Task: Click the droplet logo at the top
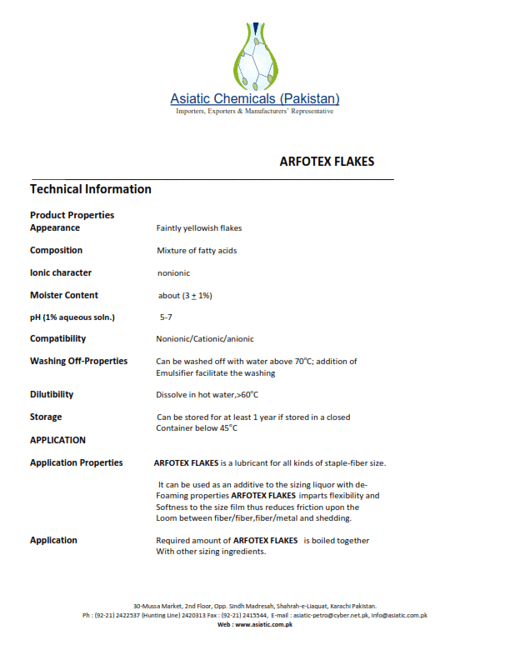click(x=255, y=56)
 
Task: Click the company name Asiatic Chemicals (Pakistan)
click(x=255, y=99)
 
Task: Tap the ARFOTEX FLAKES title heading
click(x=327, y=162)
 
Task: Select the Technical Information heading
click(x=91, y=189)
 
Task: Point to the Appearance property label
click(x=55, y=227)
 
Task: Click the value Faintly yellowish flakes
click(x=199, y=228)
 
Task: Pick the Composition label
click(x=56, y=250)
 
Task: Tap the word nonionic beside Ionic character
click(x=174, y=273)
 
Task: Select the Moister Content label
click(x=64, y=295)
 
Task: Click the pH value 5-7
click(x=167, y=317)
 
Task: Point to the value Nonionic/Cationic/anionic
click(x=205, y=339)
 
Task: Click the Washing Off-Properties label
click(x=79, y=361)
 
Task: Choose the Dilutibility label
click(x=52, y=394)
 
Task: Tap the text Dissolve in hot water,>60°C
click(x=212, y=395)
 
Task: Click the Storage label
click(x=46, y=417)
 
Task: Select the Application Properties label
click(x=76, y=462)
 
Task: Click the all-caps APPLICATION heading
click(x=57, y=440)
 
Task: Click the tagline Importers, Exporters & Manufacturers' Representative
click(x=255, y=112)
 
